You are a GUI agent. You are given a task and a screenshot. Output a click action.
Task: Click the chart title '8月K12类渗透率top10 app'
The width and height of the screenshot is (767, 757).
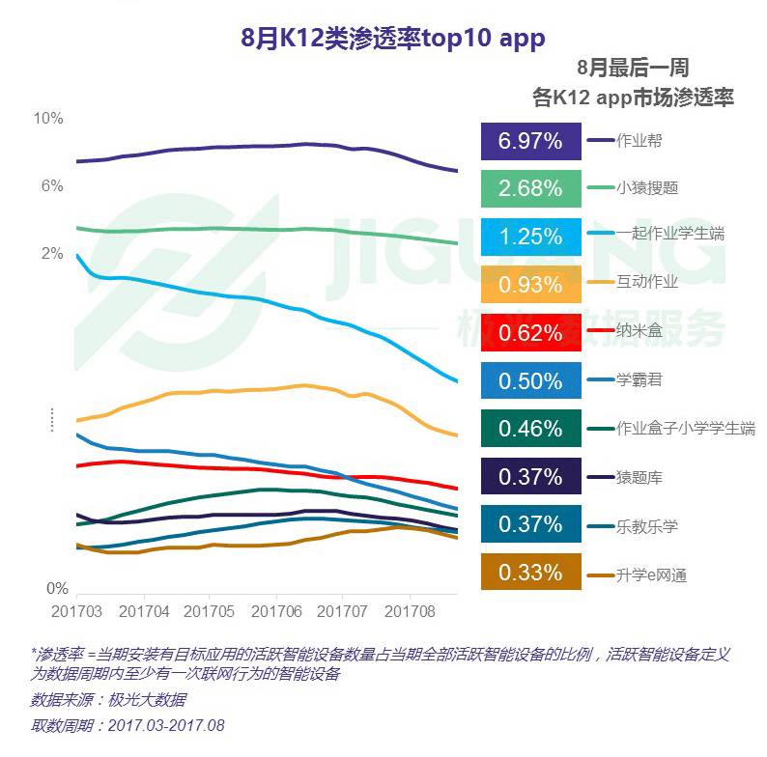tap(392, 38)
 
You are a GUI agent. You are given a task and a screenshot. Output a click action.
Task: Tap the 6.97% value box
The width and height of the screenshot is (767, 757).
tap(530, 141)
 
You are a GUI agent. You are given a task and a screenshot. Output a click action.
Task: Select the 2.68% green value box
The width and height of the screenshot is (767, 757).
tap(530, 188)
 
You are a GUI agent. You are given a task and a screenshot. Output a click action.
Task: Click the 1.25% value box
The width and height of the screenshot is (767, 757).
tap(530, 237)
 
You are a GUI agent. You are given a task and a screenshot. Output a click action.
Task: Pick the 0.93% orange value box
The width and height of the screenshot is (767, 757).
tap(530, 285)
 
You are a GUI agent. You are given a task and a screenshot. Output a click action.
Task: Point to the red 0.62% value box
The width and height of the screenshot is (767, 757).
tap(530, 333)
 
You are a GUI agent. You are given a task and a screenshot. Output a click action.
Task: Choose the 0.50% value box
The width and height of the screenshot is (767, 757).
tap(530, 380)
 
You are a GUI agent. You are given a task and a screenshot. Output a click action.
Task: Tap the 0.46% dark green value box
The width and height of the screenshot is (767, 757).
tap(530, 429)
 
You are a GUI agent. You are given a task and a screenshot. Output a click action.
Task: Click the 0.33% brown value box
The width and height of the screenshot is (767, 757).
tap(530, 573)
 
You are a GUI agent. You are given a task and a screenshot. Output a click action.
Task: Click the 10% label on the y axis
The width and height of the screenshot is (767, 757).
tap(48, 119)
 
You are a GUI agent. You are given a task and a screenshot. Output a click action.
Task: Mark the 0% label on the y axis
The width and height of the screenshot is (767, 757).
tap(57, 588)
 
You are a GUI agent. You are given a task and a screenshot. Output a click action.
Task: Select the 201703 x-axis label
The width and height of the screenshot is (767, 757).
tap(76, 611)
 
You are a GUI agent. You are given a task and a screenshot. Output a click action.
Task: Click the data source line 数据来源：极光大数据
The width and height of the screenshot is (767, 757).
tap(108, 699)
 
